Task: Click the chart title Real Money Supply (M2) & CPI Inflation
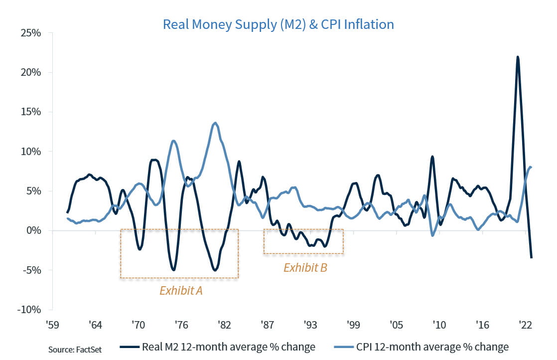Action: click(x=278, y=24)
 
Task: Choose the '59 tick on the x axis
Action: click(x=53, y=325)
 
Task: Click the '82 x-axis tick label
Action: click(x=224, y=325)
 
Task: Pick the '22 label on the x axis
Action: click(x=525, y=325)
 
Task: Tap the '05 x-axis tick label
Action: click(x=396, y=325)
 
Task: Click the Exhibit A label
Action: click(x=181, y=291)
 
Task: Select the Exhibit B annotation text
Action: click(x=305, y=268)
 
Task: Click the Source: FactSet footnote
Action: click(x=75, y=349)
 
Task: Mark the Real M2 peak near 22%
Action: click(x=518, y=57)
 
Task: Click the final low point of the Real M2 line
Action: click(x=532, y=258)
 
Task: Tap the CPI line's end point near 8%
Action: click(x=531, y=167)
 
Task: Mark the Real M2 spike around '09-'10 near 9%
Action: click(x=432, y=157)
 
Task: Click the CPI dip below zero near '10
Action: click(x=432, y=235)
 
